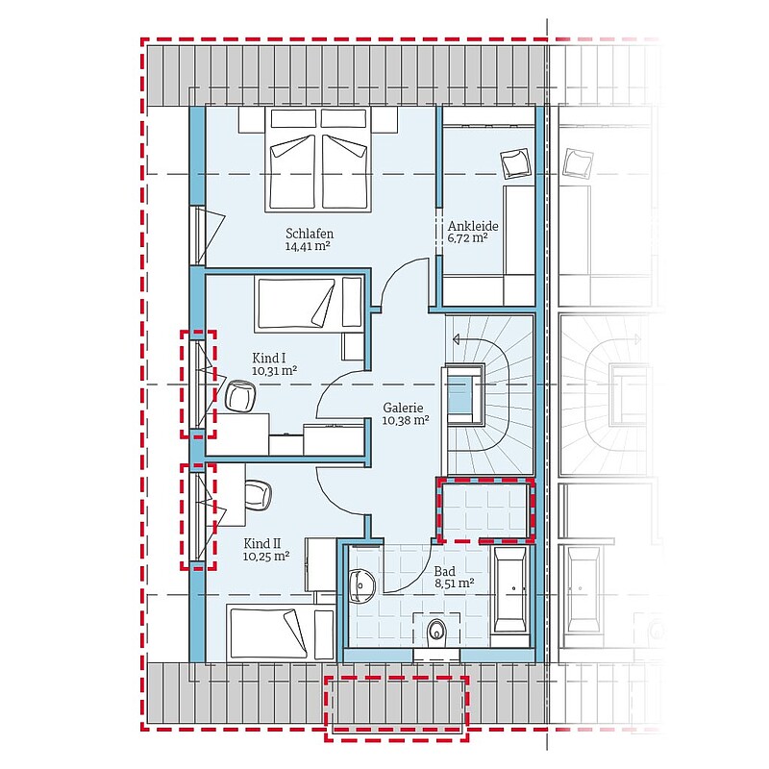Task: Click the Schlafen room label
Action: (x=310, y=234)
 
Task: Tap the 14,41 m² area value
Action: (x=308, y=246)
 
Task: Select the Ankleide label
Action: (x=473, y=226)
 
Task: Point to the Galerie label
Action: (x=403, y=408)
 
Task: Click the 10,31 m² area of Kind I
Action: (x=274, y=371)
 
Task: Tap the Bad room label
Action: (x=444, y=571)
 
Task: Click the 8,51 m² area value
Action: (x=454, y=583)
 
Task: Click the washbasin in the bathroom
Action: (x=362, y=586)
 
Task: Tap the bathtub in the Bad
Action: (x=510, y=589)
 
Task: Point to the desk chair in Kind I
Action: (x=241, y=396)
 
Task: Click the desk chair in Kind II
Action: (x=258, y=495)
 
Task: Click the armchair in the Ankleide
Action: (x=516, y=163)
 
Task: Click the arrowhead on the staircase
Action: (x=456, y=339)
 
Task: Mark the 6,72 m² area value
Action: (x=467, y=238)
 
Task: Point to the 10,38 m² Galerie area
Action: (x=406, y=420)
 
